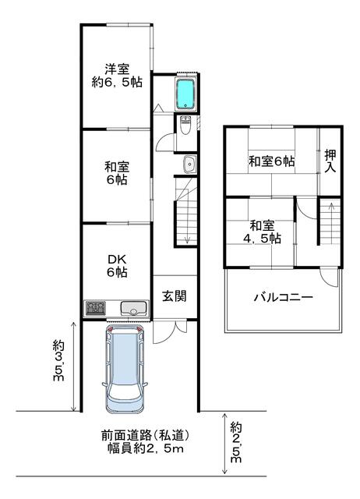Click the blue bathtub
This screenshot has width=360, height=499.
coord(185,94)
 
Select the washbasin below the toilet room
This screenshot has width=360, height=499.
coord(189,165)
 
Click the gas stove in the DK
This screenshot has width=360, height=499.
coord(95,308)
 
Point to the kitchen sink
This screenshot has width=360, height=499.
coord(134,308)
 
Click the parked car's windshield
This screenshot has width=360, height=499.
coord(125,391)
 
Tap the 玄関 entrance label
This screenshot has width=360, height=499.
coord(175,296)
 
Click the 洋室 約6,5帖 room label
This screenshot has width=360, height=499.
coord(117,76)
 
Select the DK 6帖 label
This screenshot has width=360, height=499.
coord(117,266)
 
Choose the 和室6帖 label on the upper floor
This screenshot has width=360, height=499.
coord(271,161)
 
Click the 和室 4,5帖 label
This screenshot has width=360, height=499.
coord(262,232)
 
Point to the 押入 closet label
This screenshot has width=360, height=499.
coord(330,161)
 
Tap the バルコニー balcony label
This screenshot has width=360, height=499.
coord(283,298)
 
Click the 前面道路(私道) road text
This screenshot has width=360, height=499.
coord(146,435)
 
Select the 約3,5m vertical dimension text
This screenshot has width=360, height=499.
coord(59,360)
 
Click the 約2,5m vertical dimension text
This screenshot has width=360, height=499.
coord(236,442)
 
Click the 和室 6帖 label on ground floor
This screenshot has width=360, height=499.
coord(117,173)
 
